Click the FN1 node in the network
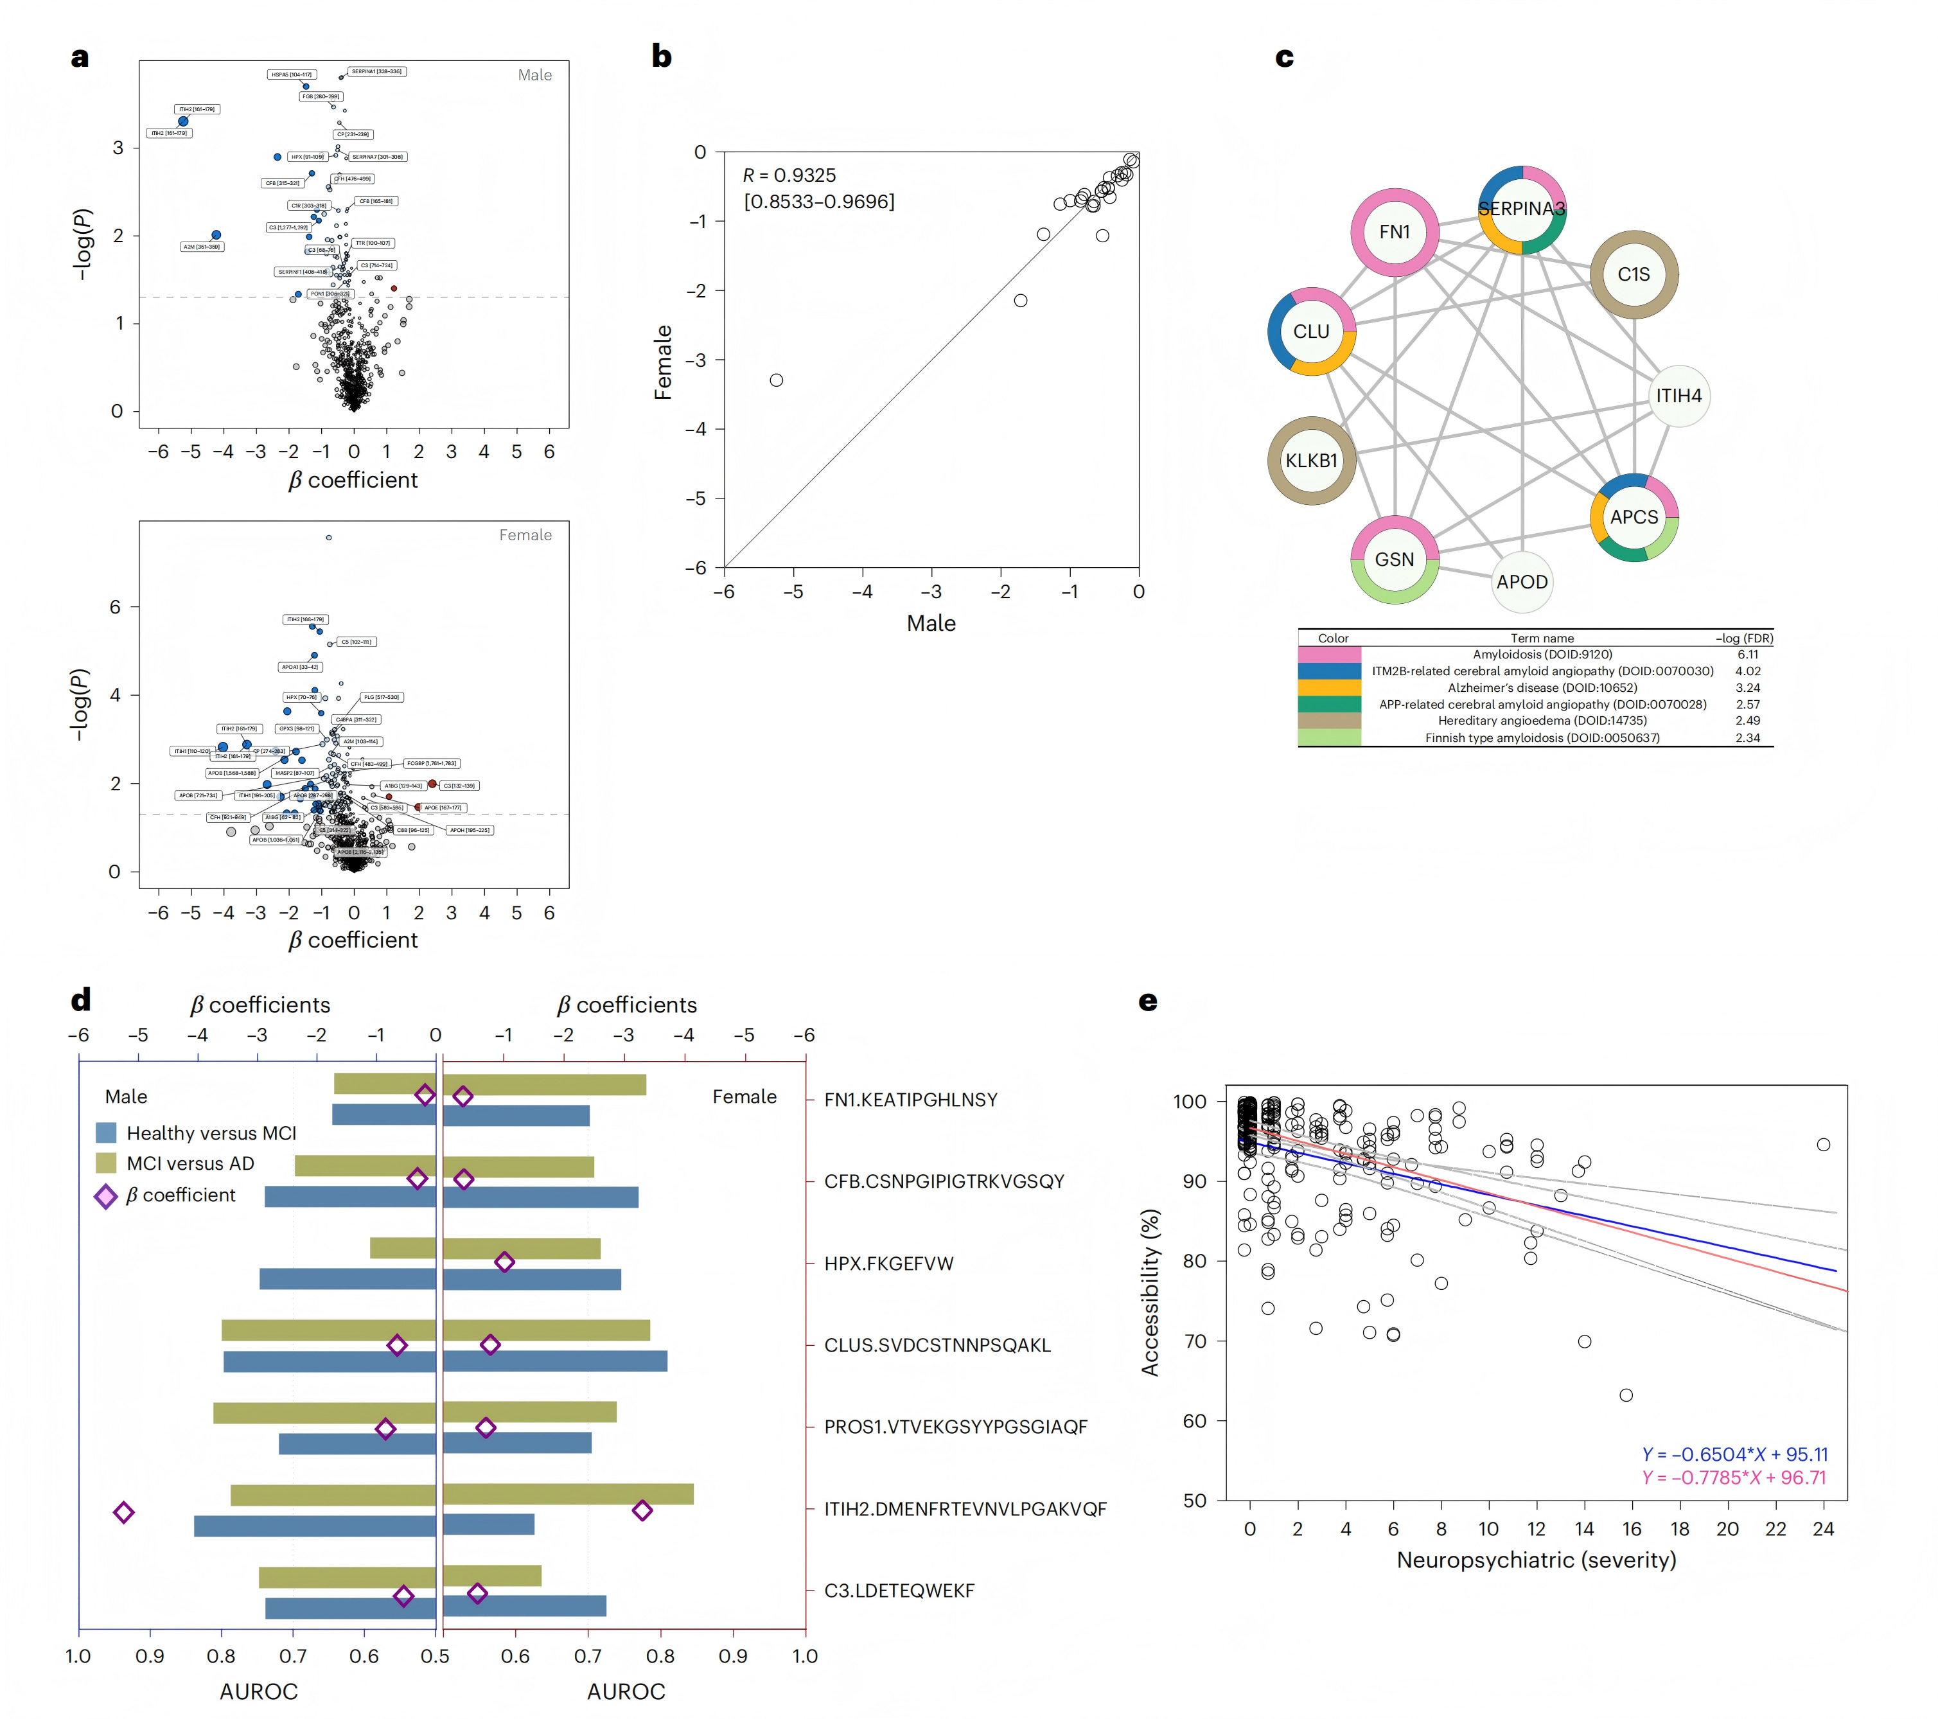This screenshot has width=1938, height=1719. point(1394,233)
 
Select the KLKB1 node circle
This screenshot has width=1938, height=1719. point(1311,461)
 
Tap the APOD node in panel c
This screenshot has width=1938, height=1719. point(1522,582)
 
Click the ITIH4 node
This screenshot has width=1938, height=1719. point(1678,396)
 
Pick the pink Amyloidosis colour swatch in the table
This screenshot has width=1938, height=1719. point(1329,654)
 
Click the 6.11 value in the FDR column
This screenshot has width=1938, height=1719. point(1747,654)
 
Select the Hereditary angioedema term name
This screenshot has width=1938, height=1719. point(1542,721)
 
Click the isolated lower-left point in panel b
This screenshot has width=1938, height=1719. point(777,380)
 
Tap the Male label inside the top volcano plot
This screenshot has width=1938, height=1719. point(534,75)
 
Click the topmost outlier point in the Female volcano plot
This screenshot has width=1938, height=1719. point(329,538)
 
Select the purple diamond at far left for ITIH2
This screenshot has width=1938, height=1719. point(123,1512)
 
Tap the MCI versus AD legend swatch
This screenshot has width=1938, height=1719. point(106,1163)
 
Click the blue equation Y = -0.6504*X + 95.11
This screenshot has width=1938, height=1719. point(1734,1454)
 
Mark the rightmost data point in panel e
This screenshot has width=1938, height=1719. point(1823,1145)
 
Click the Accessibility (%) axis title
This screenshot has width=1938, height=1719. point(1150,1292)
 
